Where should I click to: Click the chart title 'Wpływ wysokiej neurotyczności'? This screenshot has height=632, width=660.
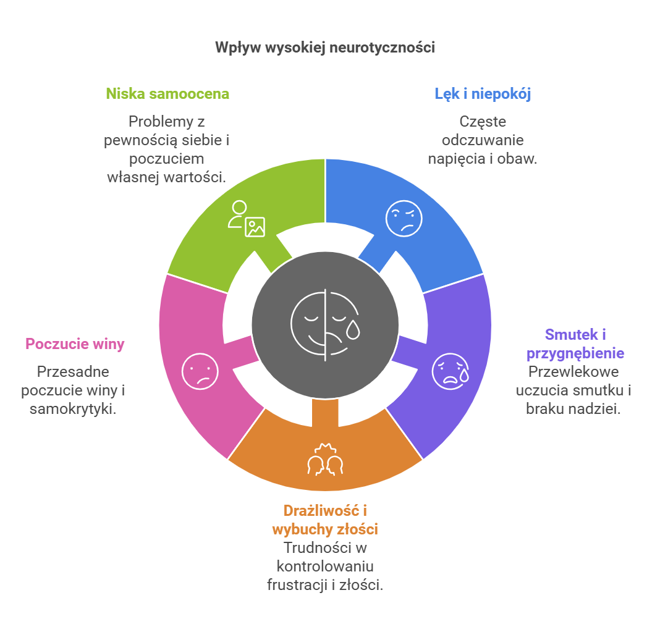(325, 48)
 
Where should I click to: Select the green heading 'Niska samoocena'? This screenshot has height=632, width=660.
(167, 94)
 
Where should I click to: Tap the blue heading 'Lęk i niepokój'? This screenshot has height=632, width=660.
(483, 94)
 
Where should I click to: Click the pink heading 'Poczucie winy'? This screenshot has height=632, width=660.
(75, 344)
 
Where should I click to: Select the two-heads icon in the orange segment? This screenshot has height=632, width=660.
(325, 460)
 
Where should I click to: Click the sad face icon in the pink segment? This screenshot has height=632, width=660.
(200, 371)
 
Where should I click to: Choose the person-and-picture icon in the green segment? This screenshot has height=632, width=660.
(246, 219)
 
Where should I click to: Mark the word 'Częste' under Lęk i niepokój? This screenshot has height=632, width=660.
(482, 122)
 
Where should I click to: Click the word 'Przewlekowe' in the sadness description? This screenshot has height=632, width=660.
(573, 372)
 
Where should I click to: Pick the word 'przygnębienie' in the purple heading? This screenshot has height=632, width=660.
(575, 353)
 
